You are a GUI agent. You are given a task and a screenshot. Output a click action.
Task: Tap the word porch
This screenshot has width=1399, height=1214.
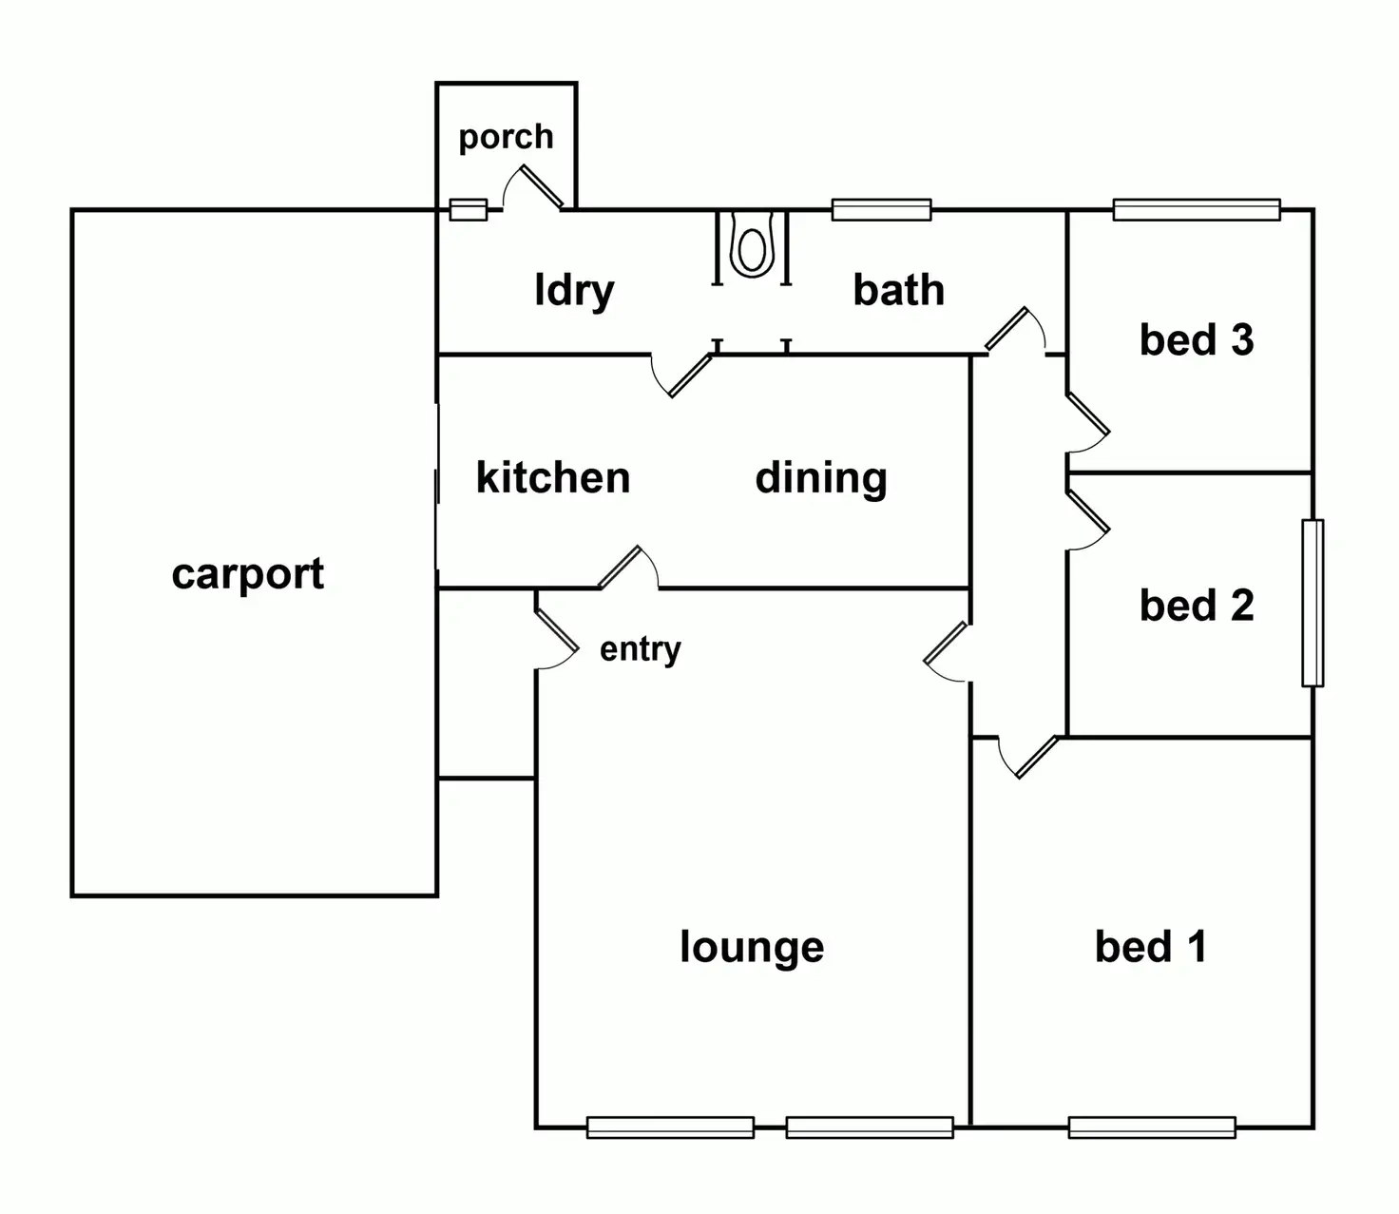[x=506, y=137]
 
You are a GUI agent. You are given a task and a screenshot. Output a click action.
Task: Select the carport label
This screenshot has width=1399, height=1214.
[x=248, y=574]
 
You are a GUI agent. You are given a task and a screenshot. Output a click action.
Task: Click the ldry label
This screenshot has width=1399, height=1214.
[x=574, y=290]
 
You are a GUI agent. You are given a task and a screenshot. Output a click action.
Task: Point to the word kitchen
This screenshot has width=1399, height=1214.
[x=553, y=477]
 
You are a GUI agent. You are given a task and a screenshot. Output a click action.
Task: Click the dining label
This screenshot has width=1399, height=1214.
[x=821, y=478]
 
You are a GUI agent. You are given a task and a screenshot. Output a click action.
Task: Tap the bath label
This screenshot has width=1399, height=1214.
[x=898, y=290]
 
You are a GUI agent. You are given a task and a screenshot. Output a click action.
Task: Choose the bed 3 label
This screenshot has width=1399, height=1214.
[x=1197, y=339]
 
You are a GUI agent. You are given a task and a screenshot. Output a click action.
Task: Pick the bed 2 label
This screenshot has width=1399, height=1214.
[x=1197, y=606]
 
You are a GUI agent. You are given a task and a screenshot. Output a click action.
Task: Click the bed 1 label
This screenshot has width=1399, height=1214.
[x=1151, y=946]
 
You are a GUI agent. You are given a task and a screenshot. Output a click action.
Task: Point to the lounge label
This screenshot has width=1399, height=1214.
[x=752, y=947]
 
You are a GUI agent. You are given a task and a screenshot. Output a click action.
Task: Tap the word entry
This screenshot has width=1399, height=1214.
[x=640, y=649]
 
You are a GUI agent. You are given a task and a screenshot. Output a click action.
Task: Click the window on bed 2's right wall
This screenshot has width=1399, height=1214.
[x=1313, y=603]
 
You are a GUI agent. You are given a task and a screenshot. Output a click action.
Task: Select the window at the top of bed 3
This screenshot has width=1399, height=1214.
[x=1197, y=209]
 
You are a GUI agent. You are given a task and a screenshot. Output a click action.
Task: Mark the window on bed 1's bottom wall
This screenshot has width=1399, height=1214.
[x=1152, y=1127]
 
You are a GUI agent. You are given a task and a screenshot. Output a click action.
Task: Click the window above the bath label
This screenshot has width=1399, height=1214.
[x=881, y=209]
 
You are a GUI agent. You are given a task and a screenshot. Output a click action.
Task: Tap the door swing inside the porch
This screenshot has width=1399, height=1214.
[x=535, y=187]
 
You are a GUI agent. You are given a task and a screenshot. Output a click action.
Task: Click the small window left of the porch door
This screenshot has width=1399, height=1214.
[x=468, y=209]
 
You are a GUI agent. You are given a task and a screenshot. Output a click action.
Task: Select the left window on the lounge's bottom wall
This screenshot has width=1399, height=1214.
[x=670, y=1127]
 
